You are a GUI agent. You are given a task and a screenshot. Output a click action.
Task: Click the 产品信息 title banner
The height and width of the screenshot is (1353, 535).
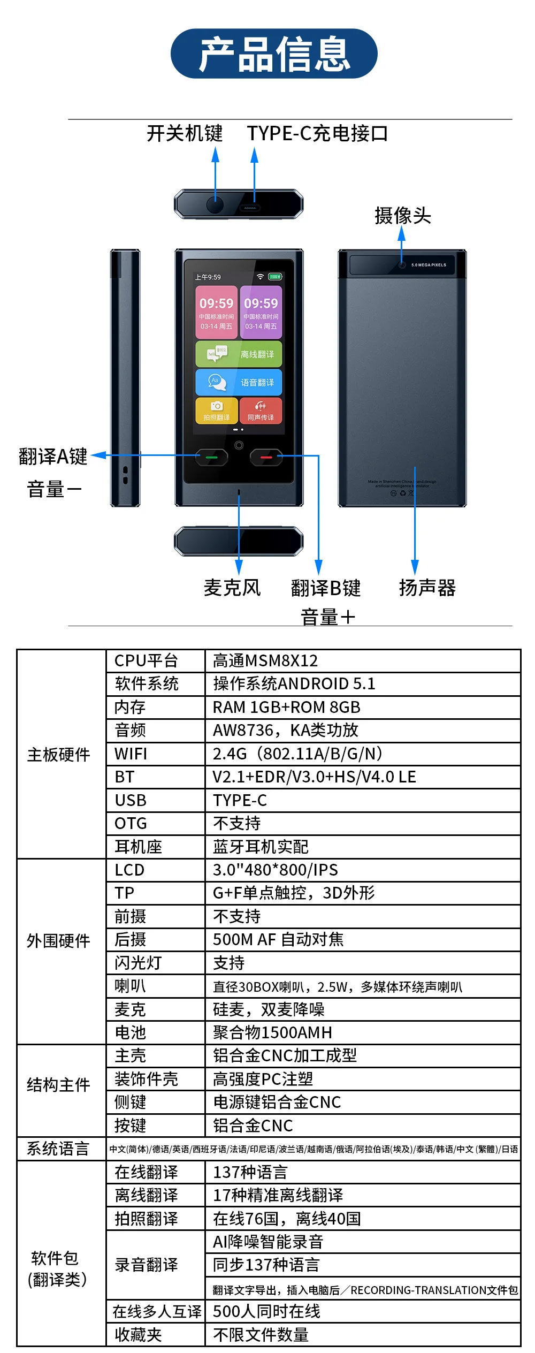274,54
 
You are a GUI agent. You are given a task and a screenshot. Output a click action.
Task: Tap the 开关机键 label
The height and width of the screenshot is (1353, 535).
185,133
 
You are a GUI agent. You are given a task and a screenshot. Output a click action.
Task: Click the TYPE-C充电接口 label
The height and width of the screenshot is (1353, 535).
317,133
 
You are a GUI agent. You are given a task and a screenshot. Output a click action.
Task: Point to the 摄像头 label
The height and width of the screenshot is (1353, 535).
402,216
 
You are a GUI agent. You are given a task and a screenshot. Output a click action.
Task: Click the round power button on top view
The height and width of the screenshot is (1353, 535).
215,204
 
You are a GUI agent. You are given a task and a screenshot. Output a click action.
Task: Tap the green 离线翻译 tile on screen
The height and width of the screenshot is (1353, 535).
239,354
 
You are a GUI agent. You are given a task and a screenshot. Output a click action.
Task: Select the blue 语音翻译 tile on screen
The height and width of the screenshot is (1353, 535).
239,382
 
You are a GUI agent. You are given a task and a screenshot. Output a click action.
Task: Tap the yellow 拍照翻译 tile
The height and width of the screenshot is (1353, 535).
217,411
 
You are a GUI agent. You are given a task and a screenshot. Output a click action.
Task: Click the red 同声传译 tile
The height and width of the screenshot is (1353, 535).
261,411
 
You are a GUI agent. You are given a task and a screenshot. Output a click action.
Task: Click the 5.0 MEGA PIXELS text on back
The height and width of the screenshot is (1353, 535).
429,265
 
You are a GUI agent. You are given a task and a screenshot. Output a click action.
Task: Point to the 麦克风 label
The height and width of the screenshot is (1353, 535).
232,588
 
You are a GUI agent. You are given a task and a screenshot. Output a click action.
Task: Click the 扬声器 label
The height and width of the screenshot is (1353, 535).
427,588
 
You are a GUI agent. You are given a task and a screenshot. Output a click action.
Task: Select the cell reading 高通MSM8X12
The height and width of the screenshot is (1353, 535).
265,661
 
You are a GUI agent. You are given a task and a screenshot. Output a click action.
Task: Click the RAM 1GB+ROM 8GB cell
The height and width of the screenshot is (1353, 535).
287,708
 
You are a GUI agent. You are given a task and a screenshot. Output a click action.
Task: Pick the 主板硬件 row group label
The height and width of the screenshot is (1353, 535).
59,755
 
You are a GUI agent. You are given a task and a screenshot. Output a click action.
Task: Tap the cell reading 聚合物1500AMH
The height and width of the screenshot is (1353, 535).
272,1032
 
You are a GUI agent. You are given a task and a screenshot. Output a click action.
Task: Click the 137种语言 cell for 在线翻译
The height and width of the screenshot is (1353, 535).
250,1172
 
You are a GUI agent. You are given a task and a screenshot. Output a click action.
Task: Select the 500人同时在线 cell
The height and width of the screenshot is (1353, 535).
266,1311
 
